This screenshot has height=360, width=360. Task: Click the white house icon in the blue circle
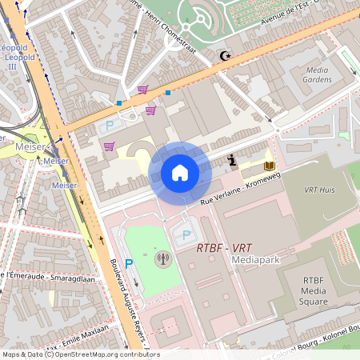pos(180,172)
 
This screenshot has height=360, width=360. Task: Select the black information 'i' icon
pos(232,160)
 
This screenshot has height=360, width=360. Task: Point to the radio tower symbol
pos(163,258)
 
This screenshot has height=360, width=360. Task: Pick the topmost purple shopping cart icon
pos(142,90)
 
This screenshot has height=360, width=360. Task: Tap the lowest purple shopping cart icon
pos(109,146)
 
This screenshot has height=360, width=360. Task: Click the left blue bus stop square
pos(118,103)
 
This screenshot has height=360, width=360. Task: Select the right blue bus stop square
pos(168,93)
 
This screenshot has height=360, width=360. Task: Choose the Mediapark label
pos(254,260)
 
